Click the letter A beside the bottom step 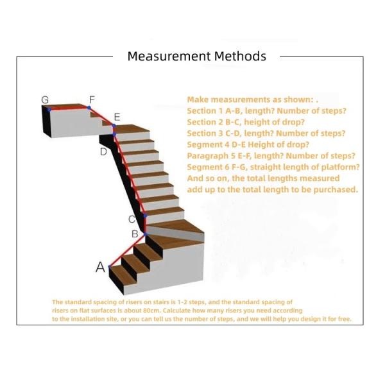point(100,267)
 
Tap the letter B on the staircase point(135,234)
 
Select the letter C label point(132,219)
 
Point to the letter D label point(103,151)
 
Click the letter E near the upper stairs point(117,117)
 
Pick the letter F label point(92,99)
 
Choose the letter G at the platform point(45,99)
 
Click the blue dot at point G point(49,110)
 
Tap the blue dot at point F point(89,108)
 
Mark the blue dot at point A point(110,267)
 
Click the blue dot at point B point(146,234)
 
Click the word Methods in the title point(240,56)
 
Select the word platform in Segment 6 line point(341,167)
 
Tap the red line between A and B point(128,250)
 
